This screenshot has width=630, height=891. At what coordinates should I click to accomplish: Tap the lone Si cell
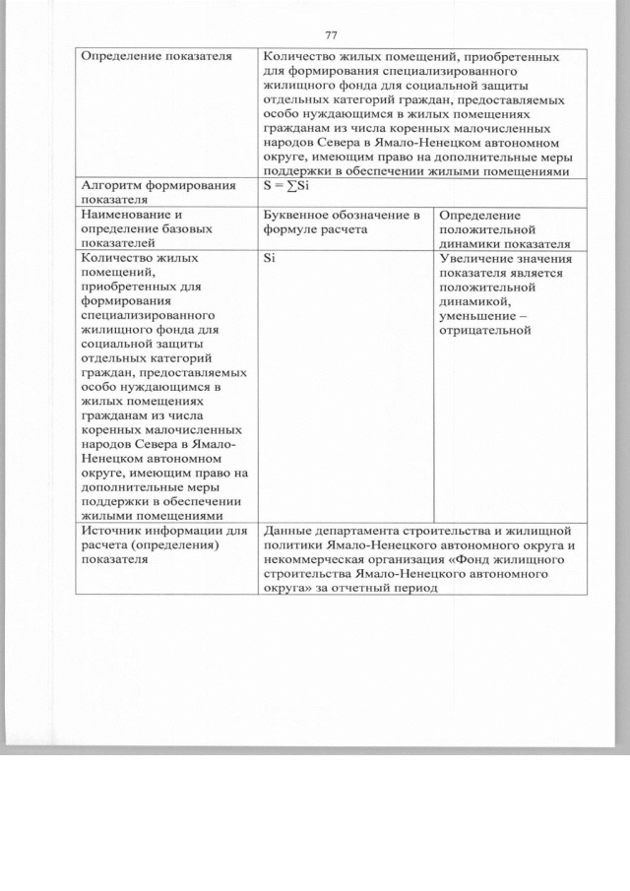(x=269, y=259)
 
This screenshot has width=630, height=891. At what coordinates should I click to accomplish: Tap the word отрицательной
(x=485, y=330)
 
